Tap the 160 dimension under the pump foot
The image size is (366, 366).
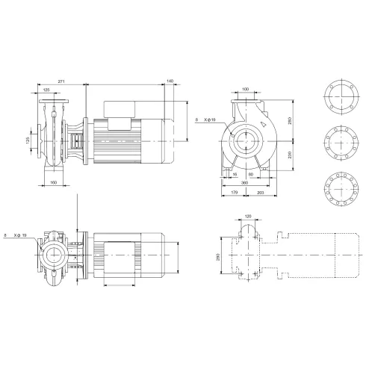[54, 182]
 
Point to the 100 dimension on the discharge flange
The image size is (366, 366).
[246, 91]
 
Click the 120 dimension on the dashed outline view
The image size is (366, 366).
[247, 217]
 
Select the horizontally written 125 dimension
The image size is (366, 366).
[47, 90]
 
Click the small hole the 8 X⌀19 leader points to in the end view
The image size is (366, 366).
[234, 133]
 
